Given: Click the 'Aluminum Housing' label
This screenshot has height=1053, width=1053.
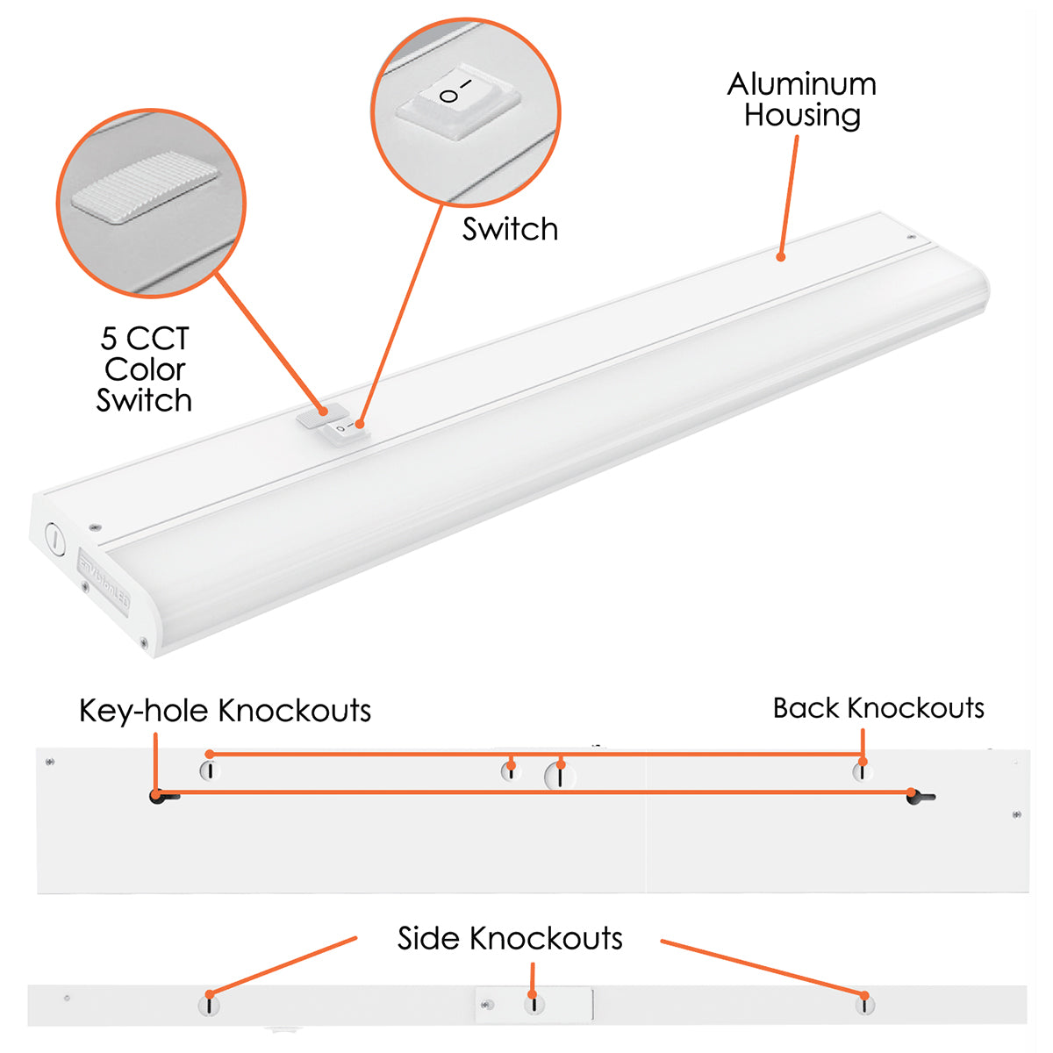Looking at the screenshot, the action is point(802,100).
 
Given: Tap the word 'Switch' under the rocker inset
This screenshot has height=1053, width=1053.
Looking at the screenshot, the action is point(510,229).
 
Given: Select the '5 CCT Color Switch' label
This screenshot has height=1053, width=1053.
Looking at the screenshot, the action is point(144,369).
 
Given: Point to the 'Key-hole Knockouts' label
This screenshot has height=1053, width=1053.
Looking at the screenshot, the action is point(226,711).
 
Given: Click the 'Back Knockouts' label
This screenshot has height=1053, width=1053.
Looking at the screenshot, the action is point(878,708).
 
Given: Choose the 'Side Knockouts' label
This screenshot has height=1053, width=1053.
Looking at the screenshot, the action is point(510,938).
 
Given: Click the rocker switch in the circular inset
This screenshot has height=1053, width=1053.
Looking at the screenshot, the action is point(458,102).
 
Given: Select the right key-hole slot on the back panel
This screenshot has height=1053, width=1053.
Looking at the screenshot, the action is point(920,796).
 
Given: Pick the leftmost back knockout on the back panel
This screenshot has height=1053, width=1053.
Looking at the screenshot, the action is point(210,770).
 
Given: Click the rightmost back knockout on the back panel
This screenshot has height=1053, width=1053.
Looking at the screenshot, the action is point(863,771).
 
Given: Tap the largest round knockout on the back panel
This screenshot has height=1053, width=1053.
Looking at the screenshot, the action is point(560,776).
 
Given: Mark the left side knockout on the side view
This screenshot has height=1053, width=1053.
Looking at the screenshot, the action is point(209,1005).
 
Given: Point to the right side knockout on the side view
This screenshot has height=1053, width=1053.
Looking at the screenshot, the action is point(864,1005).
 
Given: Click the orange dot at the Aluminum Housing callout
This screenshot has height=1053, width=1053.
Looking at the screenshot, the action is point(781,257).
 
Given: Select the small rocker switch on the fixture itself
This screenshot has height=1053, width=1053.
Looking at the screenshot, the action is point(346,431).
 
